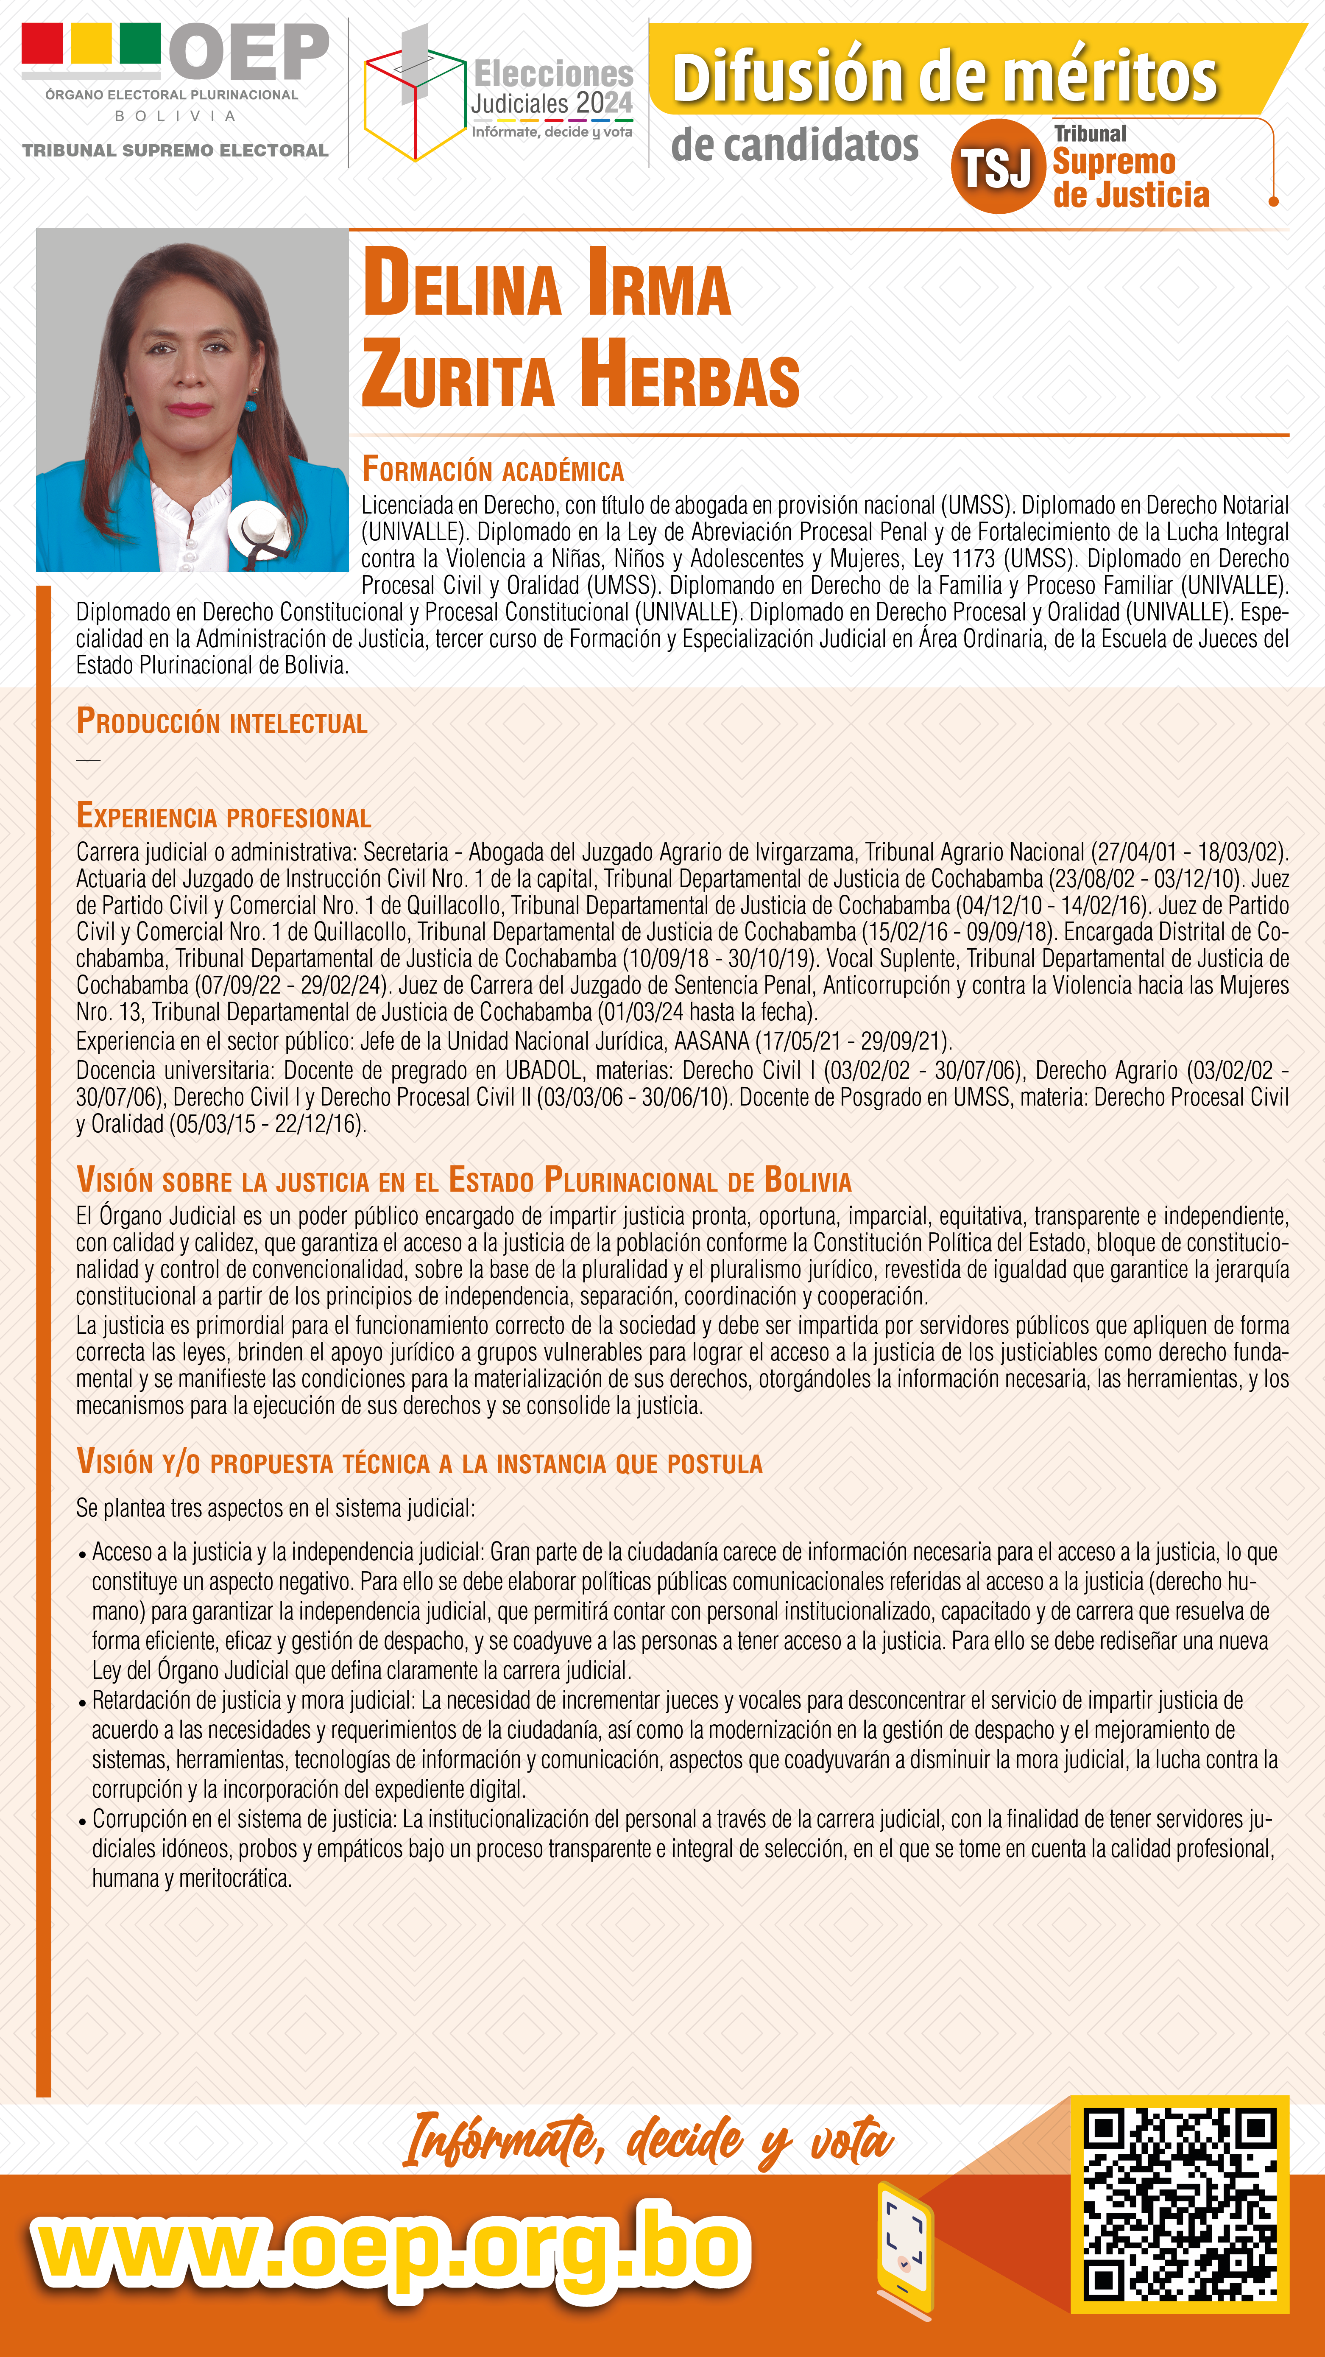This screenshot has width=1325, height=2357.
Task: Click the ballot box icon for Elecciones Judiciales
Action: click(413, 96)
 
